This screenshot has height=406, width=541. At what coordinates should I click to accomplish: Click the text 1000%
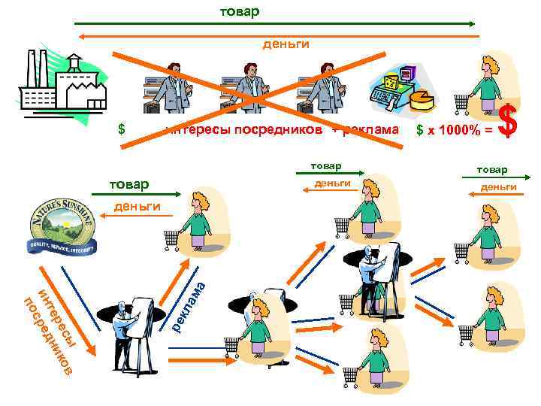point(455,130)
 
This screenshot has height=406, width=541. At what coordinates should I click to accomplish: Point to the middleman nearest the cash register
point(324,86)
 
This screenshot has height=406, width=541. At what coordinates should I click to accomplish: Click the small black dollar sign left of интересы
point(121,129)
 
